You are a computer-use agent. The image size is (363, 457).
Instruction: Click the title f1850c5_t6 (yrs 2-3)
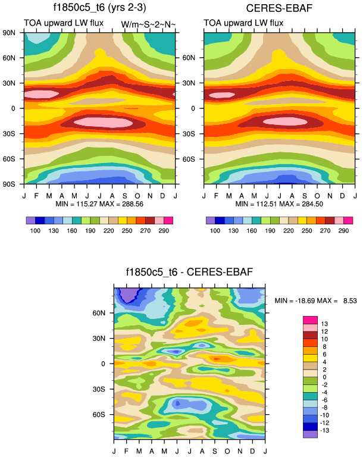click(x=98, y=8)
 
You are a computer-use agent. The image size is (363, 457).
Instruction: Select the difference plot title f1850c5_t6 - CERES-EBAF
click(x=189, y=273)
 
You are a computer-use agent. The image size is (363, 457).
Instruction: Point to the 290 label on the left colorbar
click(x=164, y=230)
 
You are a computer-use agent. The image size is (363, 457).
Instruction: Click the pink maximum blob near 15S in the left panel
click(x=107, y=122)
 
